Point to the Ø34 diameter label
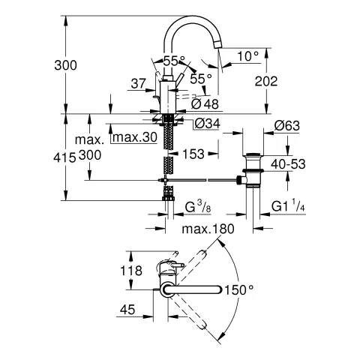pos(206,124)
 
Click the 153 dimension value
pos(193,154)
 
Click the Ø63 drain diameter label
pos(287,126)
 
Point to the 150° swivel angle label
pos(241,289)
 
